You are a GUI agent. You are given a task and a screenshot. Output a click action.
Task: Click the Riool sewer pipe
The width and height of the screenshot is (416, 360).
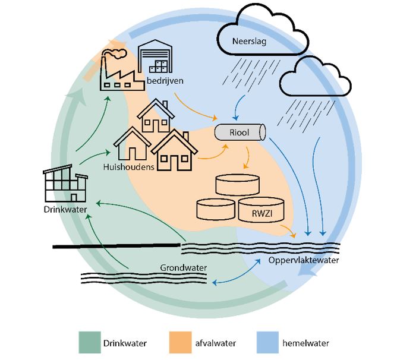point(240,132)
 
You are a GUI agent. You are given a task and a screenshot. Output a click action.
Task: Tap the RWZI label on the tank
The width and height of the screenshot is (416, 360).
point(262,213)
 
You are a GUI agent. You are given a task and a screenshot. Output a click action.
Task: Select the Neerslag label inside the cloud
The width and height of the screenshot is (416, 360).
point(249,42)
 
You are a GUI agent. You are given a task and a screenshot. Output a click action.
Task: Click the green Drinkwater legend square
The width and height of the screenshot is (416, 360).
point(90,342)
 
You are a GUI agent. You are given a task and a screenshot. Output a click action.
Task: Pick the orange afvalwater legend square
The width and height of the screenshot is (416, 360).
point(181,342)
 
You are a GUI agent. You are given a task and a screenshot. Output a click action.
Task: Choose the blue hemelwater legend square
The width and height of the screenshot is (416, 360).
point(267,342)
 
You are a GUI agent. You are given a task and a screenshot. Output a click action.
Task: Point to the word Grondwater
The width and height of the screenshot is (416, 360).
point(183,268)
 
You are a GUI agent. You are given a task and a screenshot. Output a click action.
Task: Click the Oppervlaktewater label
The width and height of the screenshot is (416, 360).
point(304,260)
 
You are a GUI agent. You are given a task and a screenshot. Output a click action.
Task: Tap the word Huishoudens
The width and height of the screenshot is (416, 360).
point(129,167)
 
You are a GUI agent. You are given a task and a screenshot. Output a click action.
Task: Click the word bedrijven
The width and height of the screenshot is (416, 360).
point(165,81)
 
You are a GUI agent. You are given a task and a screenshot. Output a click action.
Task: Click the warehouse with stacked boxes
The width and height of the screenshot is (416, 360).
point(155,56)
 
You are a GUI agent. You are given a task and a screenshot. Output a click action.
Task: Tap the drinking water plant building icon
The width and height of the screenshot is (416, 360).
point(65,184)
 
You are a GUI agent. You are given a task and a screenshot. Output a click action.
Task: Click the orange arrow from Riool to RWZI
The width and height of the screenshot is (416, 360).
point(248,157)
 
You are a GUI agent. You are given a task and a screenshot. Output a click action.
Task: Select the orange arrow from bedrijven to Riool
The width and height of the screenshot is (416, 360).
point(194,108)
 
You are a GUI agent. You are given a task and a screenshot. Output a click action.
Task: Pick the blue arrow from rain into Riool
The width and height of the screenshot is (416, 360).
point(238,107)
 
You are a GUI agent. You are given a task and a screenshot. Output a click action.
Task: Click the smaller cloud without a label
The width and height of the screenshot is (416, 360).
point(316,77)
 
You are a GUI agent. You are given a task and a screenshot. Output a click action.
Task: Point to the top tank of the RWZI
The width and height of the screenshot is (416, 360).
point(238,185)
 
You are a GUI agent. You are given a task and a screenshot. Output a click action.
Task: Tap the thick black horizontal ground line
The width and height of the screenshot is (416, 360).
point(116,246)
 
